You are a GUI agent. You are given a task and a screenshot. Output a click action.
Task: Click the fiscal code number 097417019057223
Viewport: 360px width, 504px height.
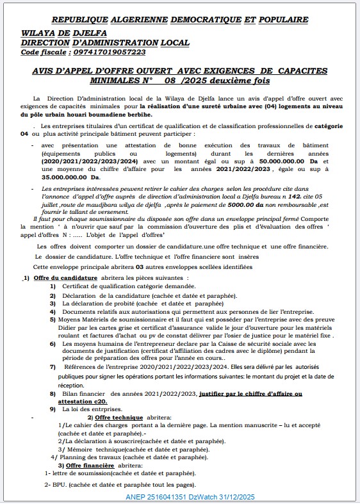101,52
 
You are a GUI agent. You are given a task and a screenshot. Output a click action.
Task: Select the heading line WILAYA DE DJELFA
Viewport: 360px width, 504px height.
64,32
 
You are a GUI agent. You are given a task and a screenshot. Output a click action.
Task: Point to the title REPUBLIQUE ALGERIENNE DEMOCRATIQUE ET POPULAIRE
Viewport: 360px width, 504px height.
179,20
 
